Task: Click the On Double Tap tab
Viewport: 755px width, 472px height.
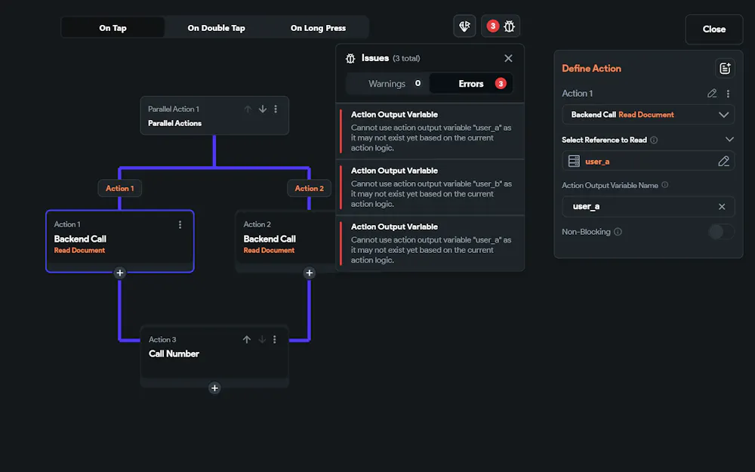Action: coord(216,28)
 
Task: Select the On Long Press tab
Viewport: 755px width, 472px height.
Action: coord(318,28)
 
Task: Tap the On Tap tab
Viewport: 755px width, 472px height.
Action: coord(112,28)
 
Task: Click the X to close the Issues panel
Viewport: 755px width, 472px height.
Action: coord(508,58)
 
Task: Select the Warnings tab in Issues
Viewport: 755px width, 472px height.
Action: coord(387,84)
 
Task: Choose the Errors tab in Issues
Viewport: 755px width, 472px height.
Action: coord(471,84)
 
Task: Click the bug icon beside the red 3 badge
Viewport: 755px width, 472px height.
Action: coord(509,26)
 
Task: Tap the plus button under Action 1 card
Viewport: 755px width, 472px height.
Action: coord(120,273)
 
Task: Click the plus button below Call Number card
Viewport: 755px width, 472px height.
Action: coord(214,388)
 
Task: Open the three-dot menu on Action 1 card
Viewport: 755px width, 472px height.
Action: coord(180,224)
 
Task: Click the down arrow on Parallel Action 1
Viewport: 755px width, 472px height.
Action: coord(263,110)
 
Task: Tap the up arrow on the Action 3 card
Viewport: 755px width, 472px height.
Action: coord(247,340)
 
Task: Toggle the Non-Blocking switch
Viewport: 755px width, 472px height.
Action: coord(721,232)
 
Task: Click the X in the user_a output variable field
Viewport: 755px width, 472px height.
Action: coord(722,207)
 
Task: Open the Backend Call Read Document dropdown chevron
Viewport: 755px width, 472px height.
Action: coord(723,115)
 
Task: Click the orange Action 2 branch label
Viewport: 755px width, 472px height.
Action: coord(309,188)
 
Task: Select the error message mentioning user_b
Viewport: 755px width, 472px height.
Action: coord(431,187)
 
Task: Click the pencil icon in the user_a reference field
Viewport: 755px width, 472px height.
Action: coord(723,162)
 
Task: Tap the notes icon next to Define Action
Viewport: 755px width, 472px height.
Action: coord(725,69)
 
